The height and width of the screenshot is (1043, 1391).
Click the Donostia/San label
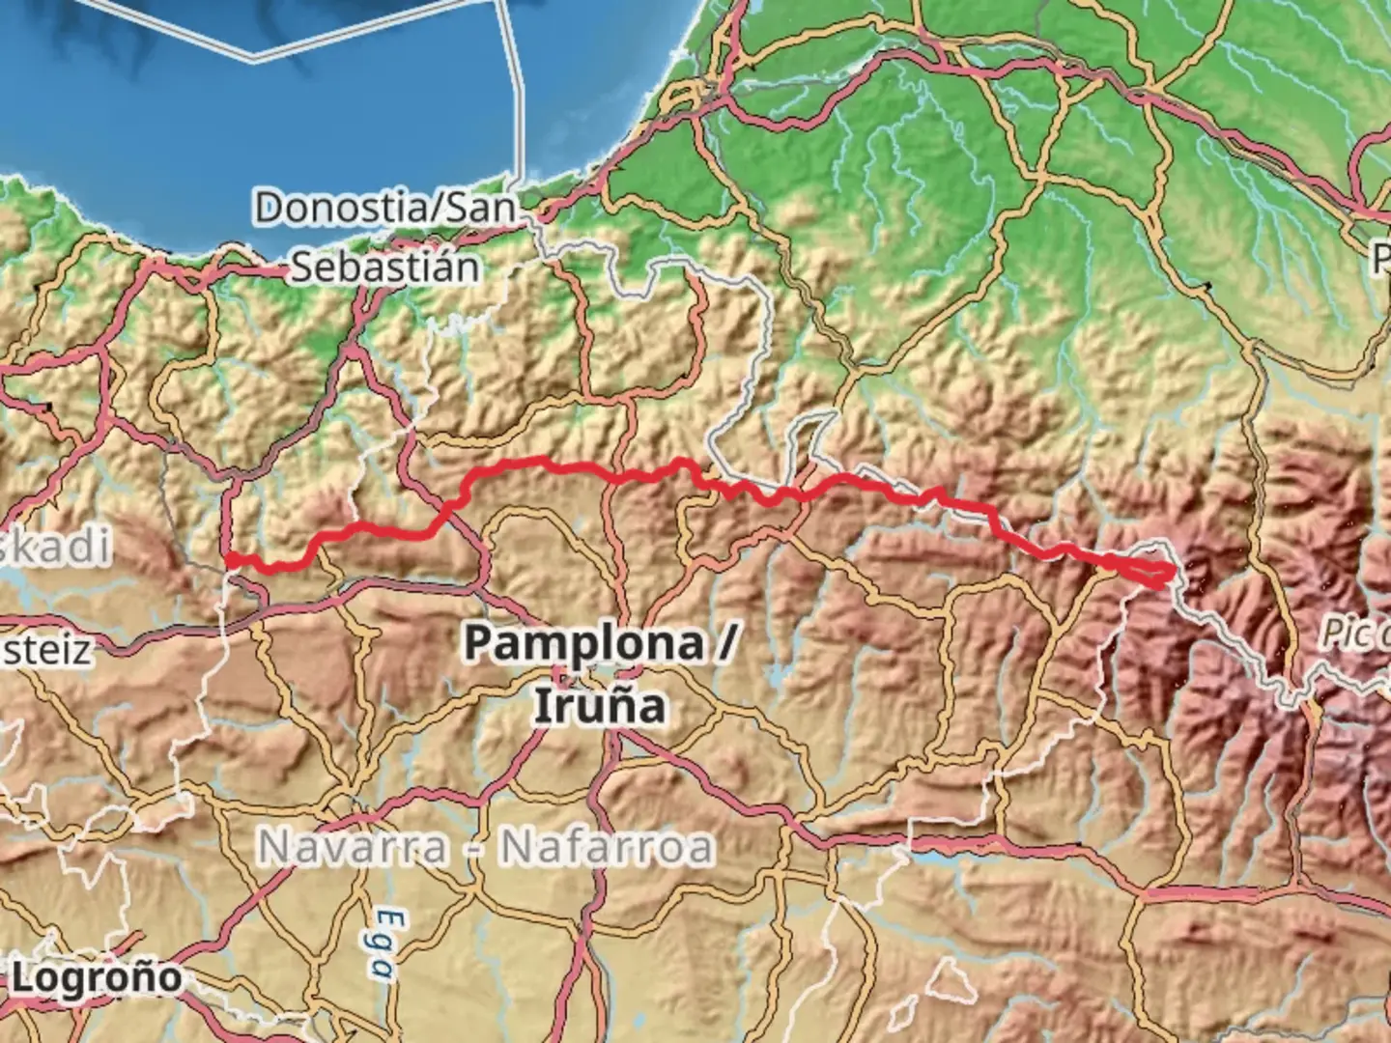[384, 208]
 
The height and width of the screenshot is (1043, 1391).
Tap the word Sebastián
[384, 268]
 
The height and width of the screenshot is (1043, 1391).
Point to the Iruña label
[599, 705]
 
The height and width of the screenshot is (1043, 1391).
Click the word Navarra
[353, 848]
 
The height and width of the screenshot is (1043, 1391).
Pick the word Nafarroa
[607, 848]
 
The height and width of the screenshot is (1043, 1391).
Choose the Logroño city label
[97, 977]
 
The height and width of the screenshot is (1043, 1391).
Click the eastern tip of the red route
[1173, 572]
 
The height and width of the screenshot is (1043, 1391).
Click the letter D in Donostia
[270, 208]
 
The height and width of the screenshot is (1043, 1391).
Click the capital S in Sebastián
[304, 268]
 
